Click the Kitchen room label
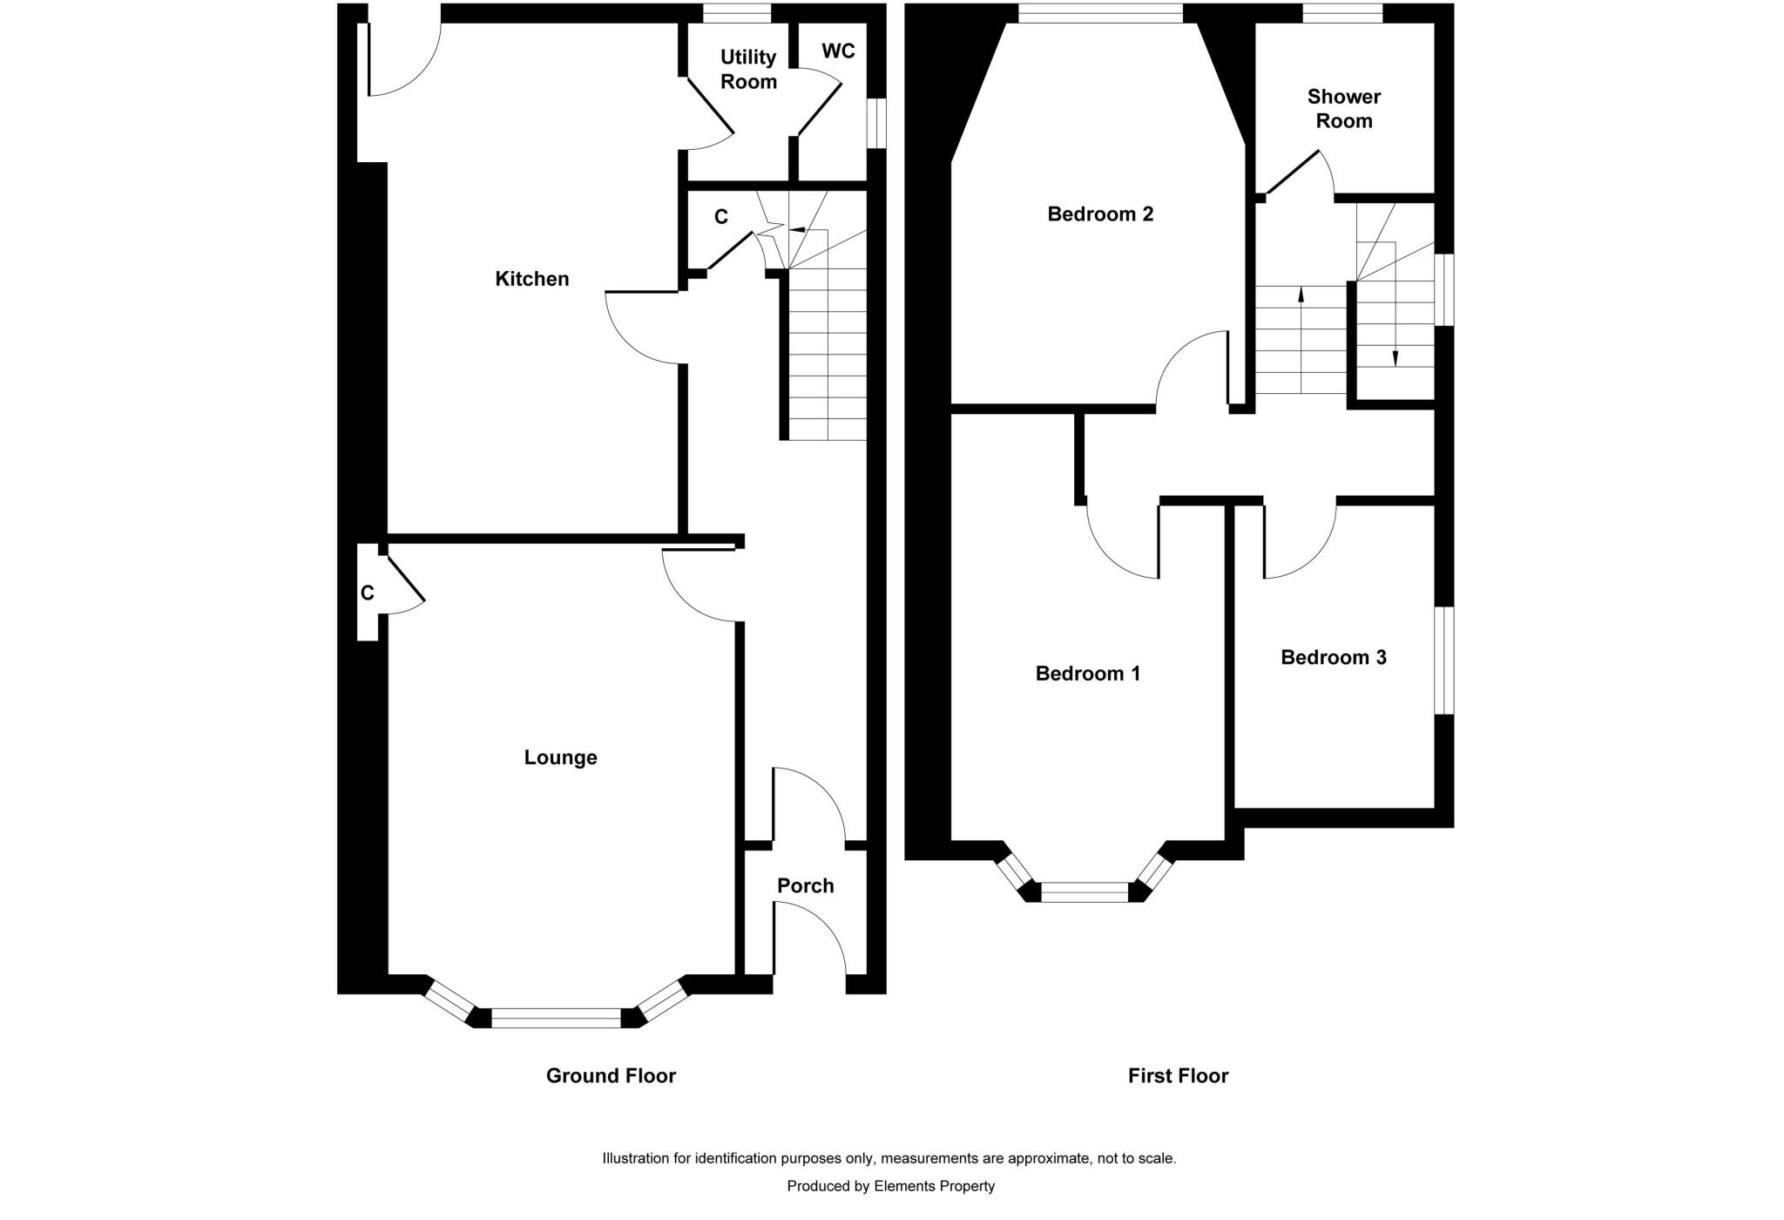pyautogui.click(x=531, y=279)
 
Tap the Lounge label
pyautogui.click(x=560, y=757)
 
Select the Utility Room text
pyautogui.click(x=748, y=69)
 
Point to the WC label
pyautogui.click(x=838, y=51)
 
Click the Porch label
pyautogui.click(x=805, y=885)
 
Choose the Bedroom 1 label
pyautogui.click(x=1087, y=674)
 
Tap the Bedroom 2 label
pyautogui.click(x=1100, y=213)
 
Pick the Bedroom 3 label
pyautogui.click(x=1333, y=657)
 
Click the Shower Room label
pyautogui.click(x=1344, y=109)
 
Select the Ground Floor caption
pyautogui.click(x=611, y=1076)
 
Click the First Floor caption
pyautogui.click(x=1178, y=1076)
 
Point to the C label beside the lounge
pyautogui.click(x=368, y=593)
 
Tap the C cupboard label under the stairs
pyautogui.click(x=720, y=217)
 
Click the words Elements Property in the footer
pyautogui.click(x=934, y=1186)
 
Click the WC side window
pyautogui.click(x=877, y=123)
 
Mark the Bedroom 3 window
pyautogui.click(x=1444, y=661)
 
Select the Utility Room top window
pyautogui.click(x=737, y=13)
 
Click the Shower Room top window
pyautogui.click(x=1342, y=13)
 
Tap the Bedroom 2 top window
pyautogui.click(x=1100, y=13)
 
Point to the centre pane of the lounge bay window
pyautogui.click(x=557, y=1018)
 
